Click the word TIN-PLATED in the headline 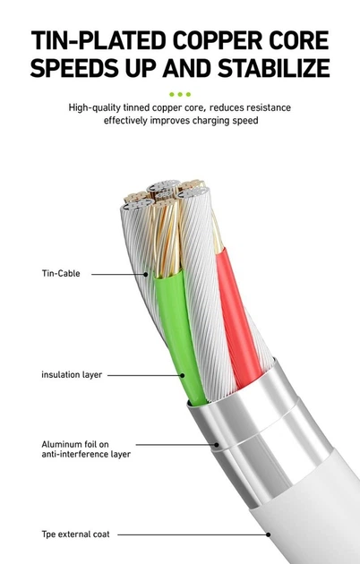pyautogui.click(x=98, y=40)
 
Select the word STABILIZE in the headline pyautogui.click(x=274, y=68)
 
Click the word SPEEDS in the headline pyautogui.click(x=74, y=68)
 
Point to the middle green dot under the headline pyautogui.click(x=180, y=94)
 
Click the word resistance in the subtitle pyautogui.click(x=269, y=107)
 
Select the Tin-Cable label pyautogui.click(x=61, y=273)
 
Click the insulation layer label pyautogui.click(x=72, y=375)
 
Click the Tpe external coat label pyautogui.click(x=75, y=534)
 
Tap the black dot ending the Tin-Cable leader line pyautogui.click(x=146, y=274)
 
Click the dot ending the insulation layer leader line pyautogui.click(x=183, y=375)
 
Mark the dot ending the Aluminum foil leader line pyautogui.click(x=217, y=445)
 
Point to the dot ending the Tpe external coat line pyautogui.click(x=269, y=534)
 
